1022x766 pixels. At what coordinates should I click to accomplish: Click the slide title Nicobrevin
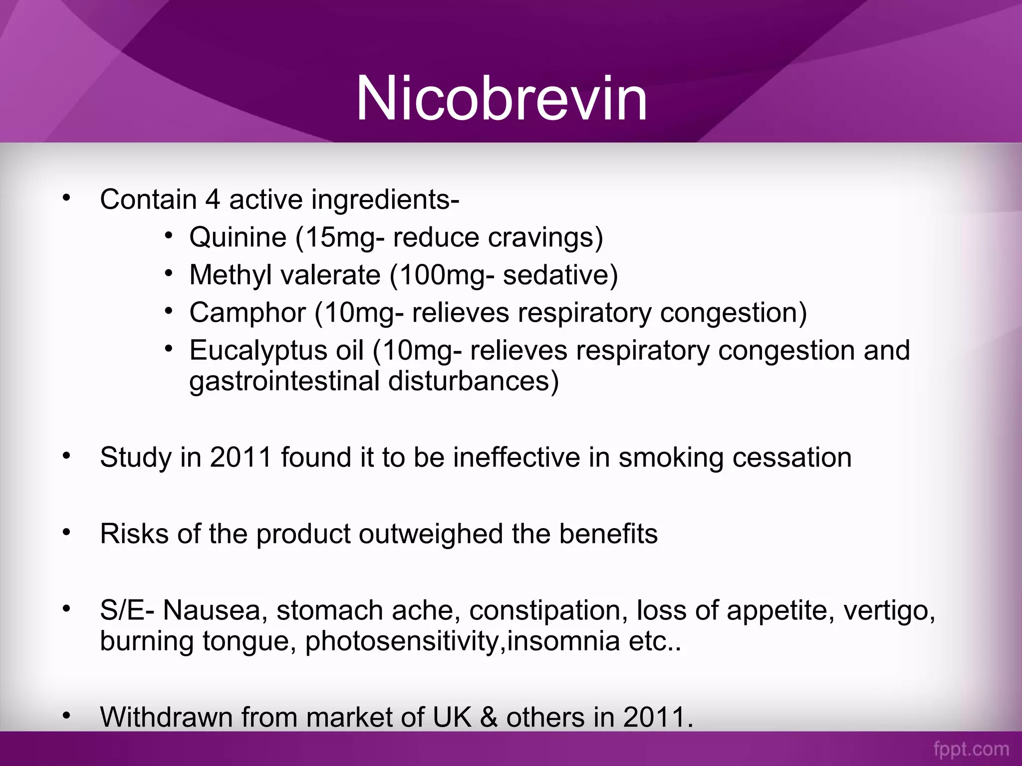pyautogui.click(x=501, y=98)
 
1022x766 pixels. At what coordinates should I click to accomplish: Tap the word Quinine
pyautogui.click(x=238, y=237)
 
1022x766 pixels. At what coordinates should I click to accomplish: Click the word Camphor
pyautogui.click(x=248, y=313)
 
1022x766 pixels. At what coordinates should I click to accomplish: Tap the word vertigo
pyautogui.click(x=889, y=610)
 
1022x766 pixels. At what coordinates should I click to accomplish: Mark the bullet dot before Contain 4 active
pyautogui.click(x=67, y=198)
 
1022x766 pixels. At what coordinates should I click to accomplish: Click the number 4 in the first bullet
pyautogui.click(x=213, y=199)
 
